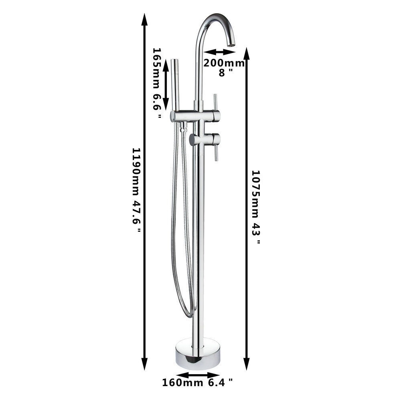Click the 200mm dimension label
[224, 63]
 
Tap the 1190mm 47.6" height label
[136, 190]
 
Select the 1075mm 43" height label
[255, 207]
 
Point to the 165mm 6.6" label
[157, 83]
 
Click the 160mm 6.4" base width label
[198, 383]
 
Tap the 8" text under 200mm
[225, 73]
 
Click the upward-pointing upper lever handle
[215, 102]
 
